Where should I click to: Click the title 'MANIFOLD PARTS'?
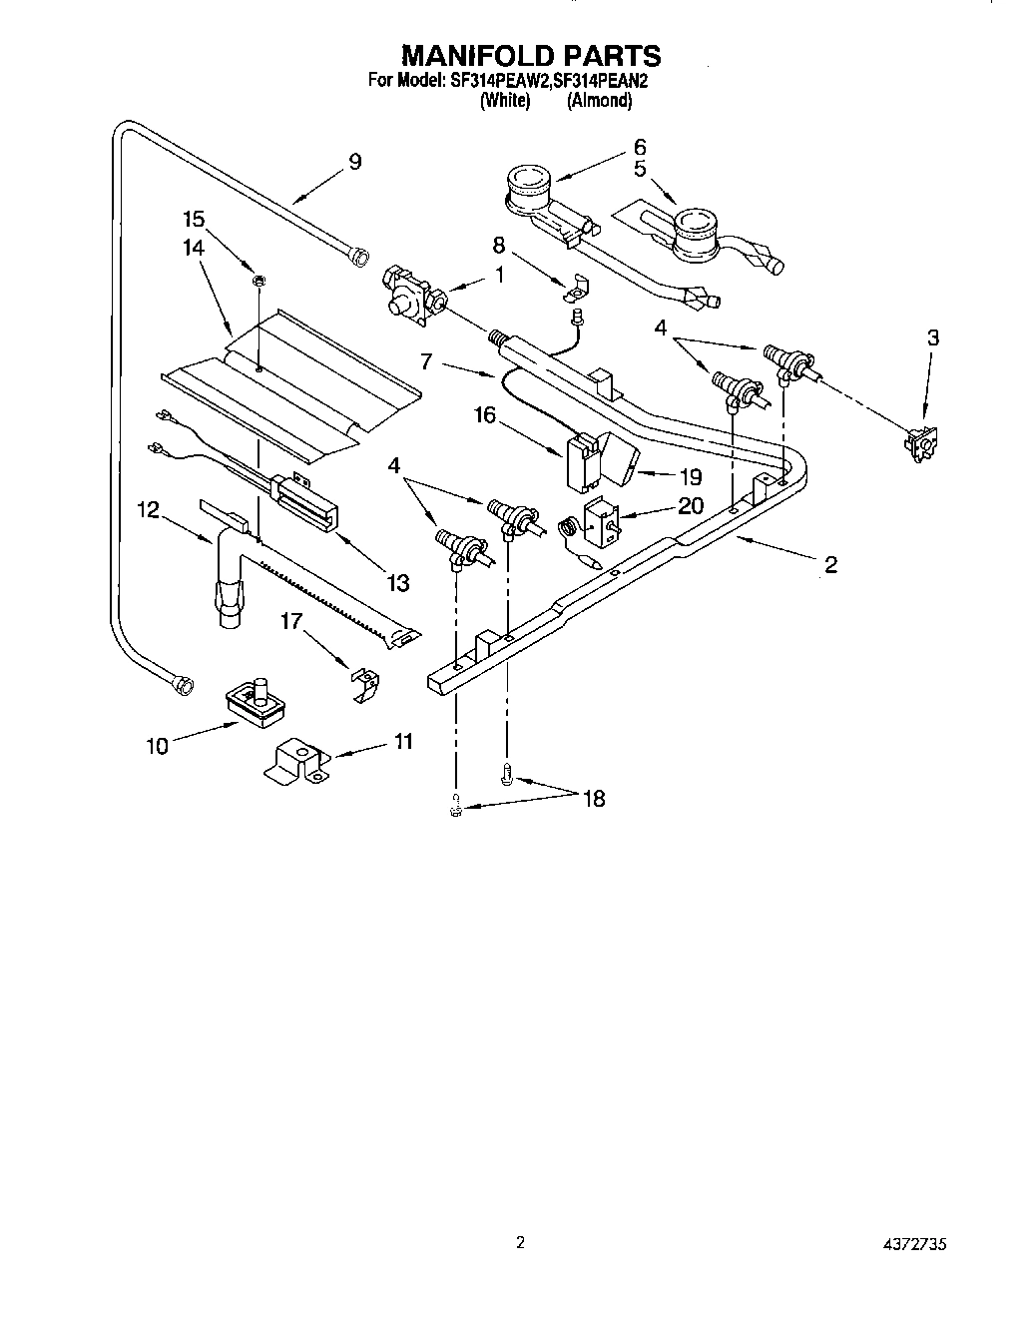(516, 55)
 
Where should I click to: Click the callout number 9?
(354, 162)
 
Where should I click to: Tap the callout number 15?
(195, 218)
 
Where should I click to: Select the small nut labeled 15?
(257, 281)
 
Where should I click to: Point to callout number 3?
(932, 337)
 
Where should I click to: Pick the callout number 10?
(157, 745)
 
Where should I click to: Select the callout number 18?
(594, 798)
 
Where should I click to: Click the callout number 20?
(691, 506)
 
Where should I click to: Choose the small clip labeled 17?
(365, 682)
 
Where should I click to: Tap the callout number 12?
(148, 509)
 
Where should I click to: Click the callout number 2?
(829, 565)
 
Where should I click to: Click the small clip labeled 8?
(575, 287)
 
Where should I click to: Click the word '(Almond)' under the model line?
(599, 100)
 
